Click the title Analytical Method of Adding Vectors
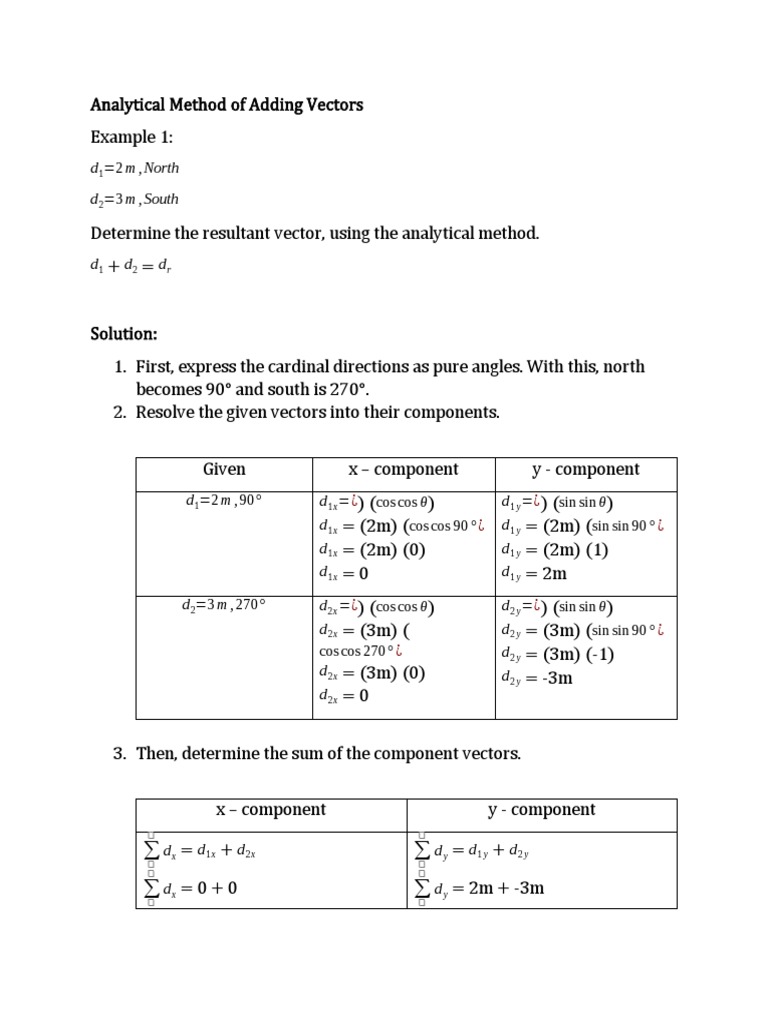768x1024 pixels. coord(227,104)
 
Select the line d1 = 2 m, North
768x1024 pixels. coord(135,168)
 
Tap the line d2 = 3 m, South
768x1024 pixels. coord(135,199)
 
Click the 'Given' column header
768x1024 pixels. coord(224,470)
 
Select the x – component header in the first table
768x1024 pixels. coord(403,470)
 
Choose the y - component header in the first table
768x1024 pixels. coord(586,470)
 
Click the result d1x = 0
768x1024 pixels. coord(344,574)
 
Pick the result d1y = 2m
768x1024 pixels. coord(534,574)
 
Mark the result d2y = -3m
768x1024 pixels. coord(537,678)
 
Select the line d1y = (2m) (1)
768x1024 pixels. coord(553,550)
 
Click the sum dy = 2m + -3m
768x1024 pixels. coord(480,888)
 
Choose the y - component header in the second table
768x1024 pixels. coord(542,810)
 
